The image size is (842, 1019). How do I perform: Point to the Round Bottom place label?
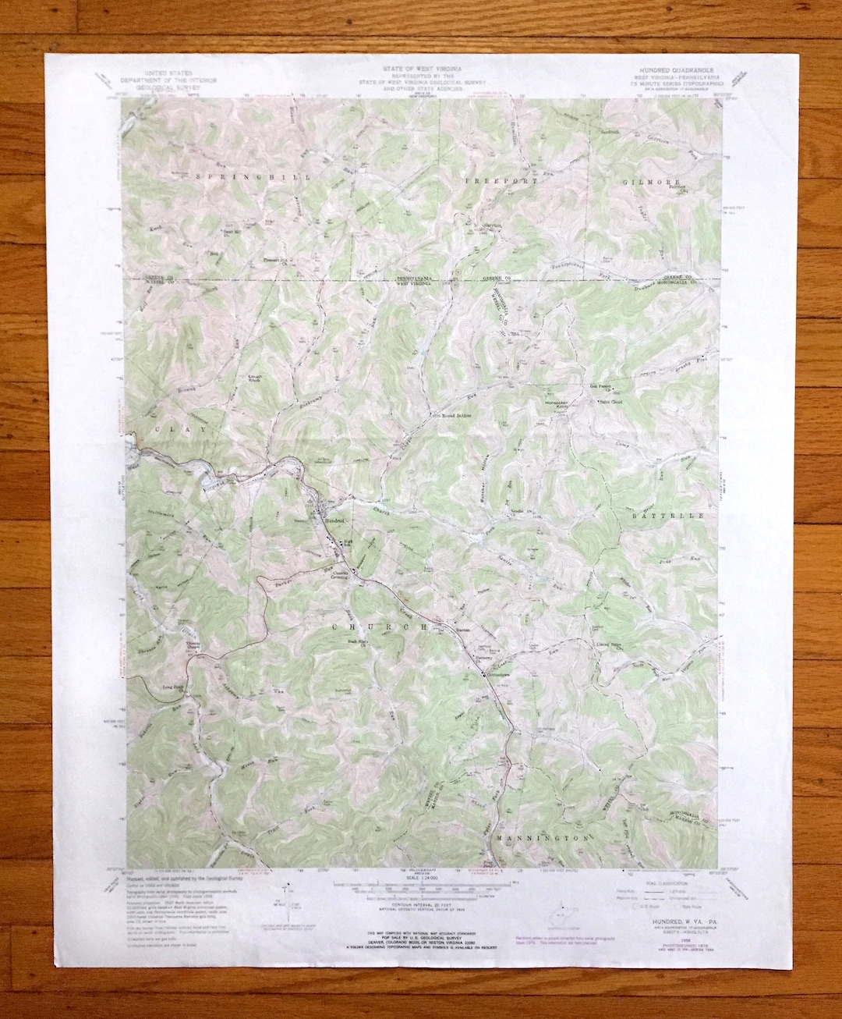(x=457, y=416)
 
